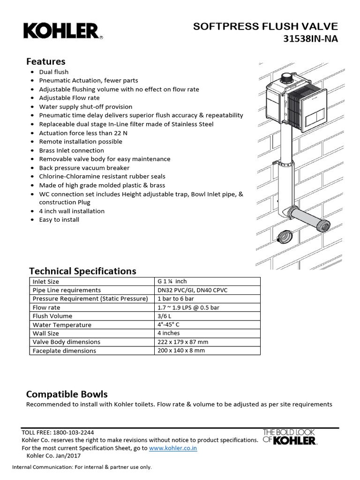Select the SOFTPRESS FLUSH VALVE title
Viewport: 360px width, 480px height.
[x=265, y=27]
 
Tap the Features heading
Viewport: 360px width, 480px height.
[x=45, y=61]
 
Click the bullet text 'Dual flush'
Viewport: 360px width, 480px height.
[x=53, y=72]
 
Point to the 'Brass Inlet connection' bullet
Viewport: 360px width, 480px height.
[x=71, y=150]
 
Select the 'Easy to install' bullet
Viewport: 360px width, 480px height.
[x=59, y=219]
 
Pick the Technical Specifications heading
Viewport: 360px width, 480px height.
[x=82, y=271]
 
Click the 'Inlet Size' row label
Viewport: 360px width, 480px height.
[x=46, y=282]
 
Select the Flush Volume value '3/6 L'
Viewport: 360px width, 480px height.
[x=165, y=316]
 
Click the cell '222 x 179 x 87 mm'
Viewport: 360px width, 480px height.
[x=183, y=342]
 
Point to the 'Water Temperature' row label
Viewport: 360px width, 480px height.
[x=62, y=325]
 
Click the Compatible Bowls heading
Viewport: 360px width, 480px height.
[x=67, y=394]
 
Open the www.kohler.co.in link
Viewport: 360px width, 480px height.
[x=173, y=448]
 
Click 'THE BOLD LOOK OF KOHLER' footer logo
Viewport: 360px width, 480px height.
[x=289, y=437]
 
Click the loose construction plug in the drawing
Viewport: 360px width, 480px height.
[x=284, y=236]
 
